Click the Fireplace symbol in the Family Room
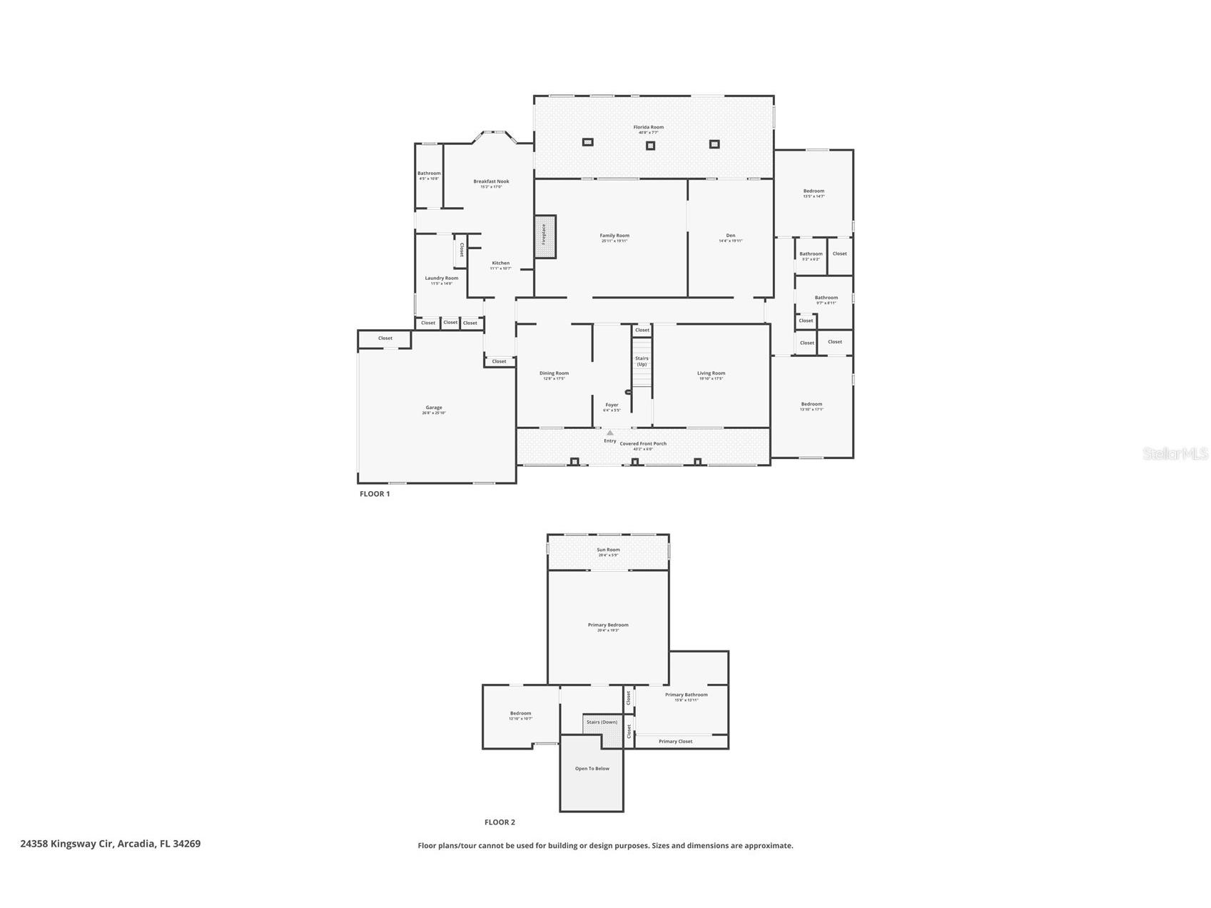coord(544,236)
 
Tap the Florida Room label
coord(648,128)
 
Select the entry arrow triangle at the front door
coord(609,433)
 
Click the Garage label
coord(434,408)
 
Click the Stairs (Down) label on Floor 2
coord(602,722)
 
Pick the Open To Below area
coord(592,769)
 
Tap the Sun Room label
coord(608,550)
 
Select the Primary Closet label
coord(675,742)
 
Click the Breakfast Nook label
coord(491,182)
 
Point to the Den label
coord(730,236)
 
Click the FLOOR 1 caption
coord(375,494)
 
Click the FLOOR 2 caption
coord(500,822)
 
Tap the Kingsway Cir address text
coord(111,844)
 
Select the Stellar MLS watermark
coord(1175,454)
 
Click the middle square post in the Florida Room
coord(650,146)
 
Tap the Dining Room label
coord(554,374)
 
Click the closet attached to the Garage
coord(385,338)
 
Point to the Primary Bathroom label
coord(686,695)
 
